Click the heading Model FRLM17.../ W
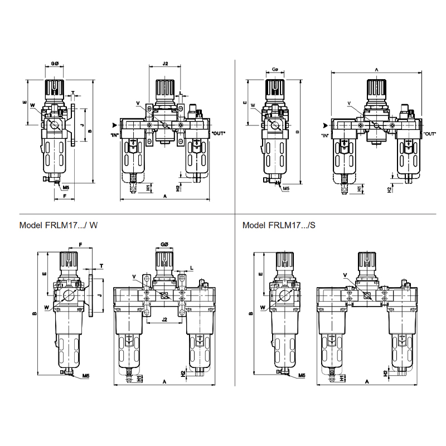59,225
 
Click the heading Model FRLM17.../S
279,225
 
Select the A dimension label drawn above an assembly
377,70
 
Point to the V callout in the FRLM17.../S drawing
345,275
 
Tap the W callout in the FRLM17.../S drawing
263,307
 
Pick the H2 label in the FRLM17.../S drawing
385,373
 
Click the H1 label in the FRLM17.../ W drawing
139,378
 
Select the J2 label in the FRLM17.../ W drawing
164,319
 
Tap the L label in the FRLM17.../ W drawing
192,268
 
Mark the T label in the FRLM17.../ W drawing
101,266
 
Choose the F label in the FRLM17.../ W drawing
80,245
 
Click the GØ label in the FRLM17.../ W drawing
164,244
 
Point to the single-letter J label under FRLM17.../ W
100,295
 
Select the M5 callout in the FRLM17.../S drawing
302,376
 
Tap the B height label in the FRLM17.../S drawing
250,313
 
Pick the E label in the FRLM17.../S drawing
260,274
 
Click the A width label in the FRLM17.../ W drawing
164,382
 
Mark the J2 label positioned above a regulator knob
165,64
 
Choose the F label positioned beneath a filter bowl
65,196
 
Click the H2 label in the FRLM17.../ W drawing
183,373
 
